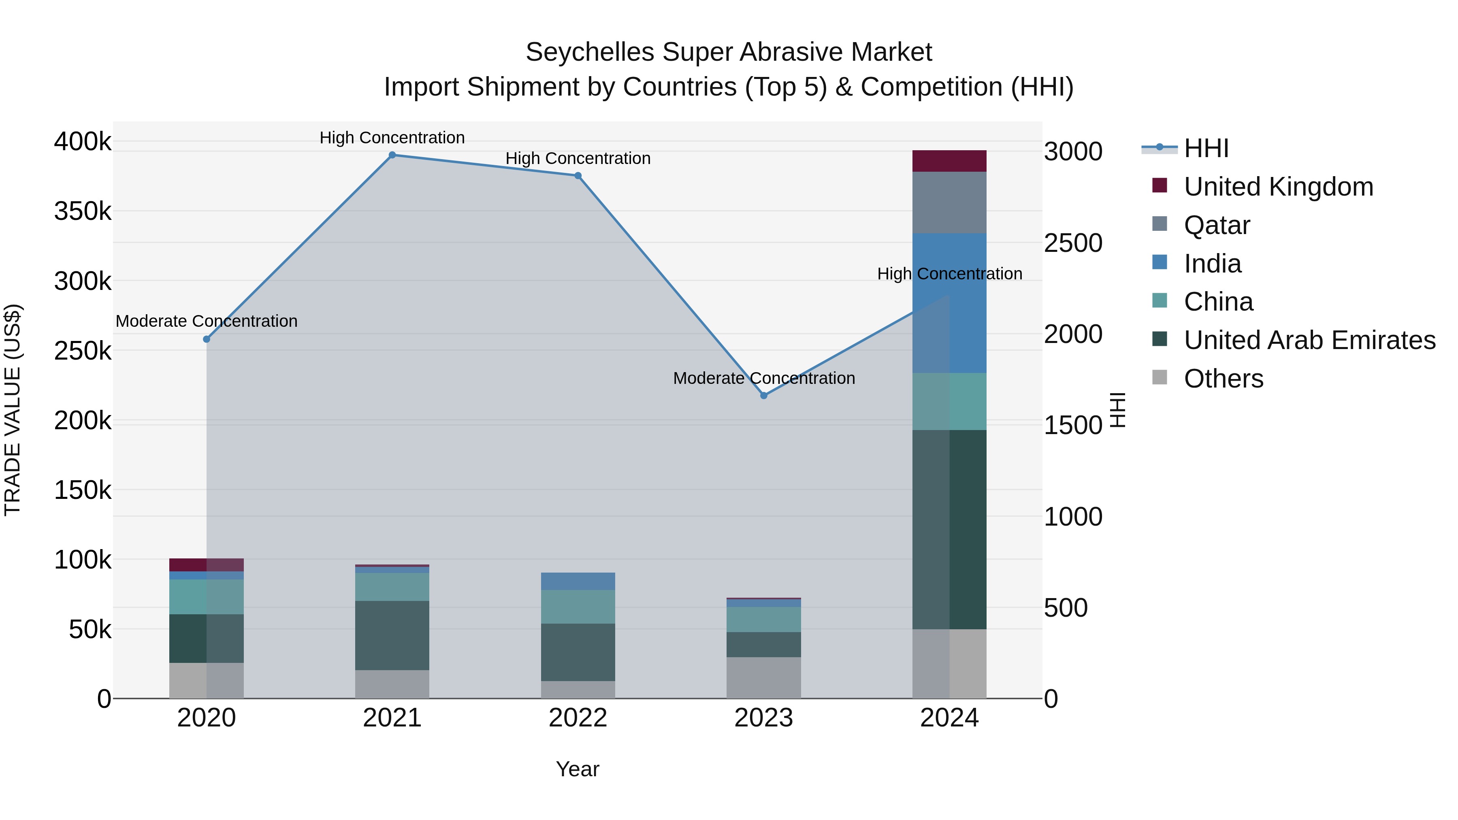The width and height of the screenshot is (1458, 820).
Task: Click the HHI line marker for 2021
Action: coord(392,155)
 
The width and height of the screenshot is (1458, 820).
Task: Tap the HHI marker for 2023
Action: coord(763,396)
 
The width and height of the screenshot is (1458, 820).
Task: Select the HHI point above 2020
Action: coord(207,339)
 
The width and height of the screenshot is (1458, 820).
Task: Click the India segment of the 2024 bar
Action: coord(949,303)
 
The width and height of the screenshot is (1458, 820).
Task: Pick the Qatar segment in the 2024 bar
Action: coord(949,202)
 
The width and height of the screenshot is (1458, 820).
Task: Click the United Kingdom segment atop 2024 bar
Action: coord(949,161)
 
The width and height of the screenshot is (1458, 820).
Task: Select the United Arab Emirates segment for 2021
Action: coord(392,635)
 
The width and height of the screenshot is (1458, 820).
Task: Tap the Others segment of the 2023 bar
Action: coord(763,677)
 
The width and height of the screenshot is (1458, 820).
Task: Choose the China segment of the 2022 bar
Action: coord(578,607)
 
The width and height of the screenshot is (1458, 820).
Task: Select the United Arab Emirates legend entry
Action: coord(1309,340)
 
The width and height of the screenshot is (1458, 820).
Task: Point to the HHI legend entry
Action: coord(1206,148)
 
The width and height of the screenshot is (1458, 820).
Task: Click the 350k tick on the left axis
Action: coord(83,212)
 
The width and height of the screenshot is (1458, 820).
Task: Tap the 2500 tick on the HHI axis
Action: coord(1072,243)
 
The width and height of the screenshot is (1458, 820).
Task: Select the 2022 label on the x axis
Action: coord(578,718)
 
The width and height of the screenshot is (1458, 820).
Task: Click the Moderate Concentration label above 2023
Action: coord(763,378)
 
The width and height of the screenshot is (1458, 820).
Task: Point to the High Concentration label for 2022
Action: coord(578,158)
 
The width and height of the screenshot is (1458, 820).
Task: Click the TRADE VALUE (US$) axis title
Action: coord(13,410)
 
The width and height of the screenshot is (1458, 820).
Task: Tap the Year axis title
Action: coord(577,769)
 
